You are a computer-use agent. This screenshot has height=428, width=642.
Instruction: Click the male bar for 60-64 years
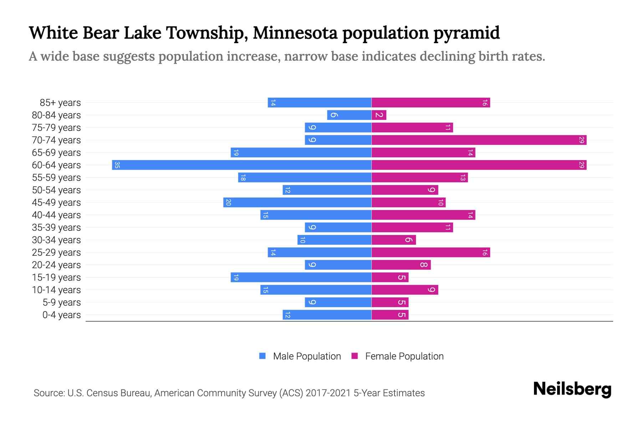pos(241,165)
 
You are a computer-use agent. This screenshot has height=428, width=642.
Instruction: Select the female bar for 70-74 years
pos(479,140)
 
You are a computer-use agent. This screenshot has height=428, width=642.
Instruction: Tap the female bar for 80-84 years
pos(379,115)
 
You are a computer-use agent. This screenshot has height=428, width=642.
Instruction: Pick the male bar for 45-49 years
pos(297,202)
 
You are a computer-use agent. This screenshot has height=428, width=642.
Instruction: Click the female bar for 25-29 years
pos(430,252)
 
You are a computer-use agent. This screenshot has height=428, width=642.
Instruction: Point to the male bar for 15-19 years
pos(301,277)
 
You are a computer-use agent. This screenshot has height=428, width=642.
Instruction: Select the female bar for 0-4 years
pos(390,315)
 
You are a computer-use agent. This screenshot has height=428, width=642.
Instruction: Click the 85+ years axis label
pos(60,103)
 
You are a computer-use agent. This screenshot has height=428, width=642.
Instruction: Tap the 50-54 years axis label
pos(56,190)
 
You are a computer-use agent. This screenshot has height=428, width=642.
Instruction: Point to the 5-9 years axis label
pos(62,302)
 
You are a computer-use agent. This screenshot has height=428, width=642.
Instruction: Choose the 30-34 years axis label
pos(56,240)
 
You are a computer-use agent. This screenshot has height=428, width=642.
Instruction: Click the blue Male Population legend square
pos(263,356)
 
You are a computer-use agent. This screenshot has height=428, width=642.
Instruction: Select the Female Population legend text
pos(404,356)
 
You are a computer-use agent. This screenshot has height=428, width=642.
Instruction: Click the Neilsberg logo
pos(572,389)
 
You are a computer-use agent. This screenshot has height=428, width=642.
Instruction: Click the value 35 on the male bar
pos(117,165)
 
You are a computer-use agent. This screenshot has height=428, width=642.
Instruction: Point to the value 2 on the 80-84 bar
pos(379,115)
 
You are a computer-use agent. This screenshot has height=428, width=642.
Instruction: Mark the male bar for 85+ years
pos(320,102)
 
